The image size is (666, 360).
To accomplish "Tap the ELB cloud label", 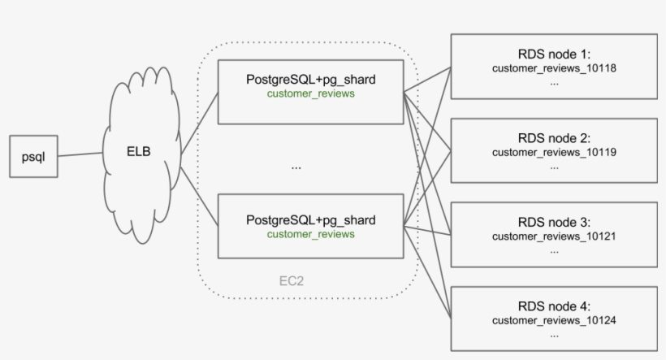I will [x=140, y=151].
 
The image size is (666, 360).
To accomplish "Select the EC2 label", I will [x=292, y=281].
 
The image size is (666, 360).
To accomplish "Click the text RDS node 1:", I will [x=554, y=54].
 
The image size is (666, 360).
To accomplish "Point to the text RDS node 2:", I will [x=554, y=138].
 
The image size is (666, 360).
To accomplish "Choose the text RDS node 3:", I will [x=554, y=222].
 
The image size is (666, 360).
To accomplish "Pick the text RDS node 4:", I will [x=554, y=306].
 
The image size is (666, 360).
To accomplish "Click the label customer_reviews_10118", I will [x=554, y=68].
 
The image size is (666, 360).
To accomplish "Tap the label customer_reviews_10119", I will [x=554, y=152].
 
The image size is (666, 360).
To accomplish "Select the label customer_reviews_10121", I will [x=554, y=236].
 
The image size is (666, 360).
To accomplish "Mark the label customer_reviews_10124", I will [x=554, y=320].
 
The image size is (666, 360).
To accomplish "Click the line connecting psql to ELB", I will [x=81, y=154].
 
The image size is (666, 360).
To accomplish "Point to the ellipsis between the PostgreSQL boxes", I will [x=296, y=167].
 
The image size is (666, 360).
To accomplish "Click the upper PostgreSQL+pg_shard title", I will [x=311, y=80].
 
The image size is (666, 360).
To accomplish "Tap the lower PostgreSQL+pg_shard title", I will [x=311, y=220].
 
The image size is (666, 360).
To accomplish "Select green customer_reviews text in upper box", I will [x=311, y=93].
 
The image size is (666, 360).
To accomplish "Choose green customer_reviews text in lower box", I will [x=311, y=234].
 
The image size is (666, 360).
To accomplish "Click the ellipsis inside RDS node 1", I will [x=554, y=82].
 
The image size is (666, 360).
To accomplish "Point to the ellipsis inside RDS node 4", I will [x=554, y=334].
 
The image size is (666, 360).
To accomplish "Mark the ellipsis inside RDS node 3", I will [x=554, y=249].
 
